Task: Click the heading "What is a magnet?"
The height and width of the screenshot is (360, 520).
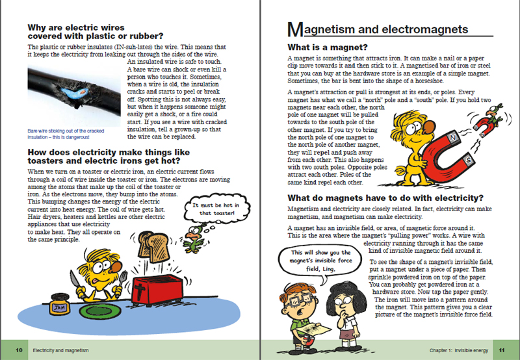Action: [328, 47]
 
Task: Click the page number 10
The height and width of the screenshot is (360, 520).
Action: [19, 350]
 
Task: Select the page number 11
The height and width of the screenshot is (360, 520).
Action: [501, 350]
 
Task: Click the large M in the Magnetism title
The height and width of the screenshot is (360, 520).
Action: [294, 29]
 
